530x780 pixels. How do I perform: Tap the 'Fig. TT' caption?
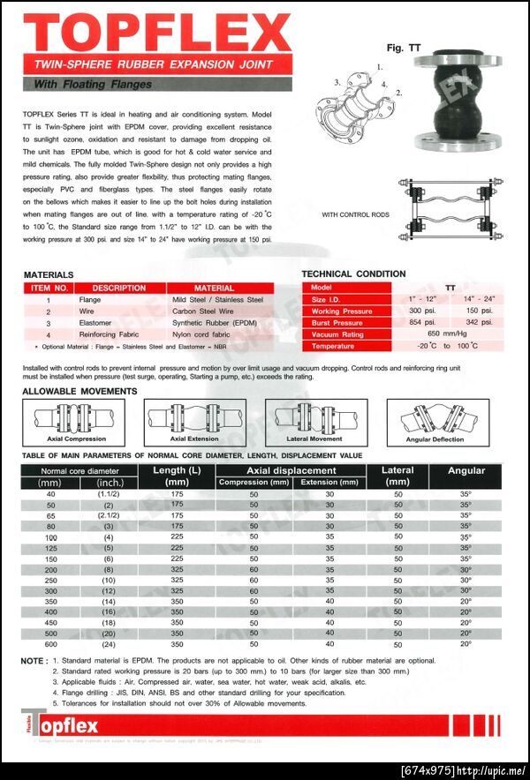tap(403, 48)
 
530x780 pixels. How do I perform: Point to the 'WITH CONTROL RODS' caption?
tap(355, 214)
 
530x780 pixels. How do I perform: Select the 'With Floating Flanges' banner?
tap(92, 85)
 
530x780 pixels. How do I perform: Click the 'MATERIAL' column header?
tap(214, 288)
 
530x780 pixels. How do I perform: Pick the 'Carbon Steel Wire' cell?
tap(203, 311)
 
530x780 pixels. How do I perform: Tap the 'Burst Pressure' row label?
tap(342, 323)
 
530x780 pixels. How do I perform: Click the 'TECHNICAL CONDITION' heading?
tap(353, 274)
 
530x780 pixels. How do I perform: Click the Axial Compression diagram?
tap(76, 418)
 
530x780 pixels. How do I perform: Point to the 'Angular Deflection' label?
tap(435, 439)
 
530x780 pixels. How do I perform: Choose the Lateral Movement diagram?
tap(314, 418)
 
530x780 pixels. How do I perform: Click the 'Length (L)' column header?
tap(177, 476)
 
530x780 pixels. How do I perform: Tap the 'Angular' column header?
tap(466, 471)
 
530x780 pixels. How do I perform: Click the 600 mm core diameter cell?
tap(50, 643)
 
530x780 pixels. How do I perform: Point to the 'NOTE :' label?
tap(34, 660)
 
